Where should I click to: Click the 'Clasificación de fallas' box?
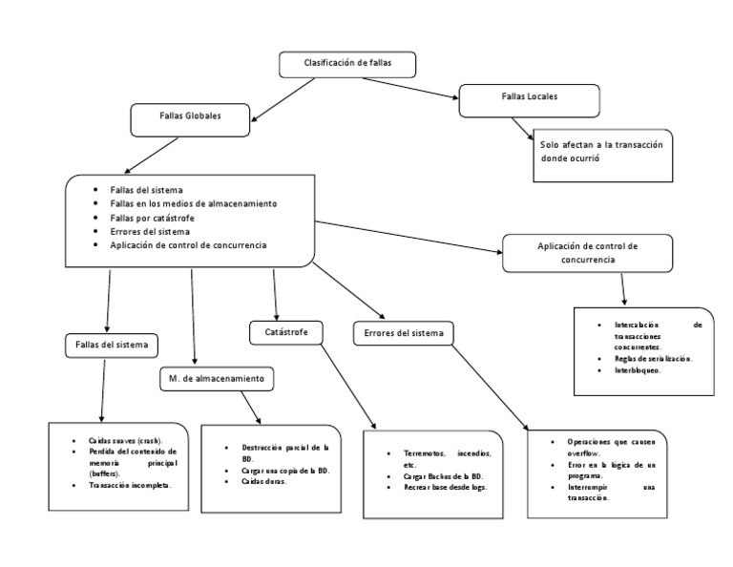347,64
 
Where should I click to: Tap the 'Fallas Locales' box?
529,97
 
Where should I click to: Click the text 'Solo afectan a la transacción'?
600,144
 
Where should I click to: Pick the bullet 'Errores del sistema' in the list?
149,231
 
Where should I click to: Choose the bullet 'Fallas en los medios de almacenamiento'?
193,204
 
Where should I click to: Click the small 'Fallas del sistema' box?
112,344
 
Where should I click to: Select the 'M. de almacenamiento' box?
217,379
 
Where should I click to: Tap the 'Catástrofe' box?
285,332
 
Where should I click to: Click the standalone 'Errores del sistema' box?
404,333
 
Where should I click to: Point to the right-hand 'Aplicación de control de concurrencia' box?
587,252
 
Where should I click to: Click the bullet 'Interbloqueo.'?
638,369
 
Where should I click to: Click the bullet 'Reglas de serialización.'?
654,358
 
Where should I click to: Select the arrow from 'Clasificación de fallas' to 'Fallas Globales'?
283,100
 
